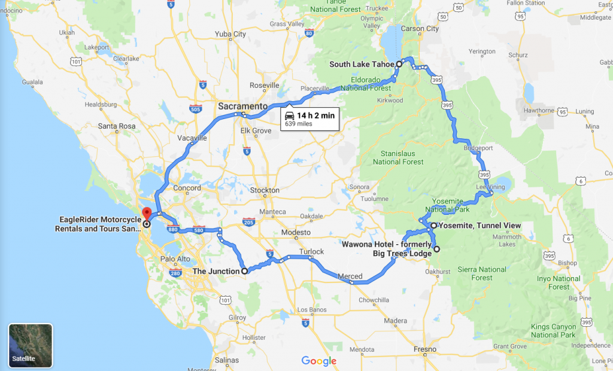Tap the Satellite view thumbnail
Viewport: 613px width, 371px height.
[x=31, y=345]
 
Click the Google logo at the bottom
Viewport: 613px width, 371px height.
[x=318, y=361]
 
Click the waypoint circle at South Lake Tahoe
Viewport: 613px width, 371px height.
[x=399, y=64]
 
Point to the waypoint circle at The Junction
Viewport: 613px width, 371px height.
[x=244, y=271]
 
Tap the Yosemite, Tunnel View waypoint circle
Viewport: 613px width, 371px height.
[x=433, y=226]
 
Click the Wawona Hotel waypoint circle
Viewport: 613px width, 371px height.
[x=436, y=249]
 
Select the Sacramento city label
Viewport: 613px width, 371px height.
[x=242, y=106]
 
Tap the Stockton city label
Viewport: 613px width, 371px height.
[x=265, y=190]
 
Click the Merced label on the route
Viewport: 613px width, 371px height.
[x=350, y=276]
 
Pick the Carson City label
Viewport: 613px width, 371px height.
[x=420, y=29]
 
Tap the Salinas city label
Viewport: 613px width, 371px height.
[x=227, y=360]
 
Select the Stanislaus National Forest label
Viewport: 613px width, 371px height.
[x=398, y=158]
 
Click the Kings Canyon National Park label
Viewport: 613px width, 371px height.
[x=554, y=330]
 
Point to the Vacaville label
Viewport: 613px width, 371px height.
[x=192, y=138]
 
